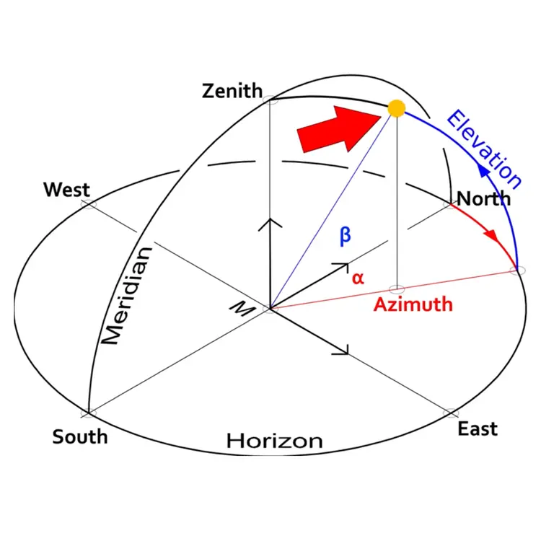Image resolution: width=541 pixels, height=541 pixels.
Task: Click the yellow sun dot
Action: point(396,109)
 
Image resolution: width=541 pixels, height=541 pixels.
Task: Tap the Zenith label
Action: point(232,92)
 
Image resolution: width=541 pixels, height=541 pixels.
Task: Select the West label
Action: point(66,190)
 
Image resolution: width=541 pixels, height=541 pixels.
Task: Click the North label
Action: point(484,198)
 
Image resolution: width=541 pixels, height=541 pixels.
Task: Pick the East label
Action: point(478,428)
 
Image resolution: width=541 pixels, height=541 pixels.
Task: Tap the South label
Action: point(79,436)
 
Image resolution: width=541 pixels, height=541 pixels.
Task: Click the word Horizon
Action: point(274,441)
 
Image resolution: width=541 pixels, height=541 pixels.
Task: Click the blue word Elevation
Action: point(483,148)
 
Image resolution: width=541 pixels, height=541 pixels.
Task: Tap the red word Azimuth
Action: point(413,304)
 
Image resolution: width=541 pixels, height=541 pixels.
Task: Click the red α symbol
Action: point(358,278)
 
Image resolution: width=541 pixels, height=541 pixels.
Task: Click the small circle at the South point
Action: point(88,414)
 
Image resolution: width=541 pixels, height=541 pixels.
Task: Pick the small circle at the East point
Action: point(451,413)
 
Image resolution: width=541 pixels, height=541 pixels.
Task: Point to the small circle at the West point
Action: point(88,205)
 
